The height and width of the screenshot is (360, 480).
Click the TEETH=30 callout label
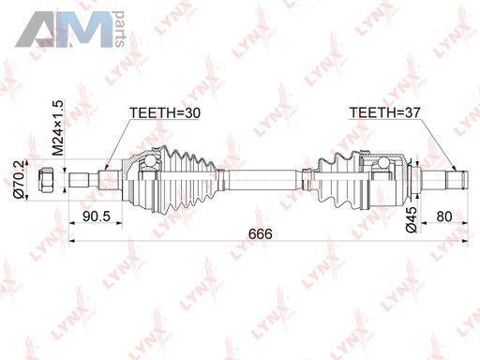165,112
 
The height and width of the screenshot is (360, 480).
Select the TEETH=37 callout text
384,112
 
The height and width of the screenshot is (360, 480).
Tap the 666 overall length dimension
261,234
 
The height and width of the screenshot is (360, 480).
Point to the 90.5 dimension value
97,217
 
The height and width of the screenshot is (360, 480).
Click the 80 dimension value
444,217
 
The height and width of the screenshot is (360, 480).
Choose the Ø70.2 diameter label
20,180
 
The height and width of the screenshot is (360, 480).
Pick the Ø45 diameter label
412,219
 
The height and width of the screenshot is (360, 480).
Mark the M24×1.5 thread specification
58,127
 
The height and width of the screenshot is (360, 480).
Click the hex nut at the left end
46,180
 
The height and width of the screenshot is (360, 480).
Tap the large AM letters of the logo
64,30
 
